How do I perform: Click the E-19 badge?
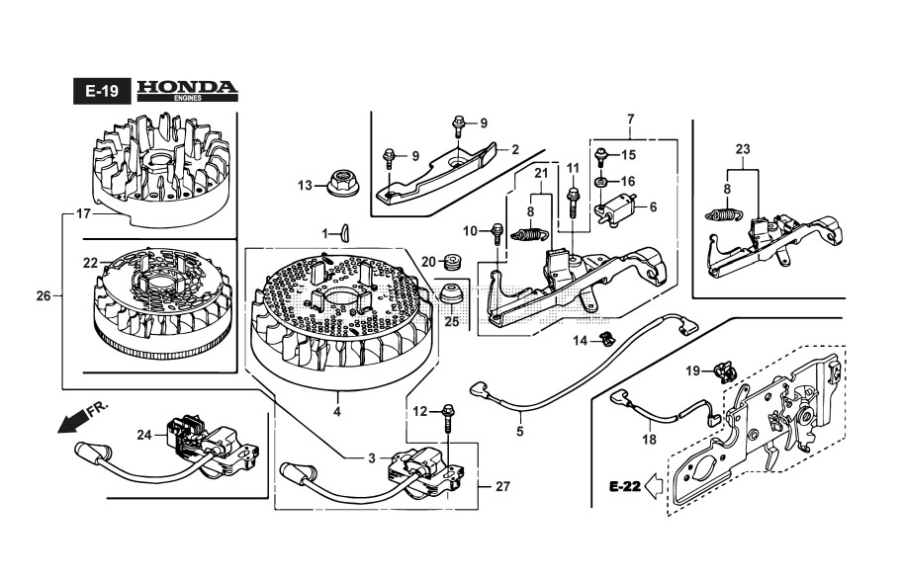click(101, 91)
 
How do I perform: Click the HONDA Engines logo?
click(187, 90)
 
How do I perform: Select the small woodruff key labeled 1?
click(344, 232)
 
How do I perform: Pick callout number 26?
click(43, 294)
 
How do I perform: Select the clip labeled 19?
click(724, 371)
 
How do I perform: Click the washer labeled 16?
click(601, 182)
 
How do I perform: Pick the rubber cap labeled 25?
click(452, 296)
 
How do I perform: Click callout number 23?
click(743, 150)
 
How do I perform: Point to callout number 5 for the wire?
click(519, 431)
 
